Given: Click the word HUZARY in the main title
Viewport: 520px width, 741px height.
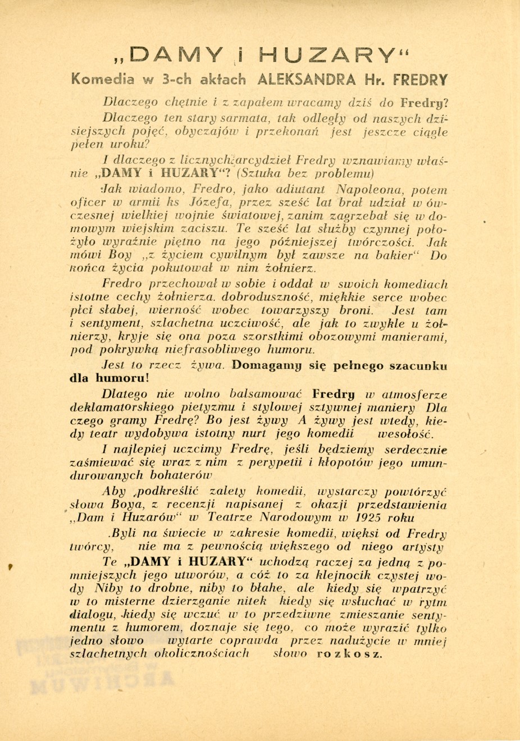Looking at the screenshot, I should pyautogui.click(x=337, y=56).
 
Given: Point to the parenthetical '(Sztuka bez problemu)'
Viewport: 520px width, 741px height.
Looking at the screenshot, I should pyautogui.click(x=305, y=172).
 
